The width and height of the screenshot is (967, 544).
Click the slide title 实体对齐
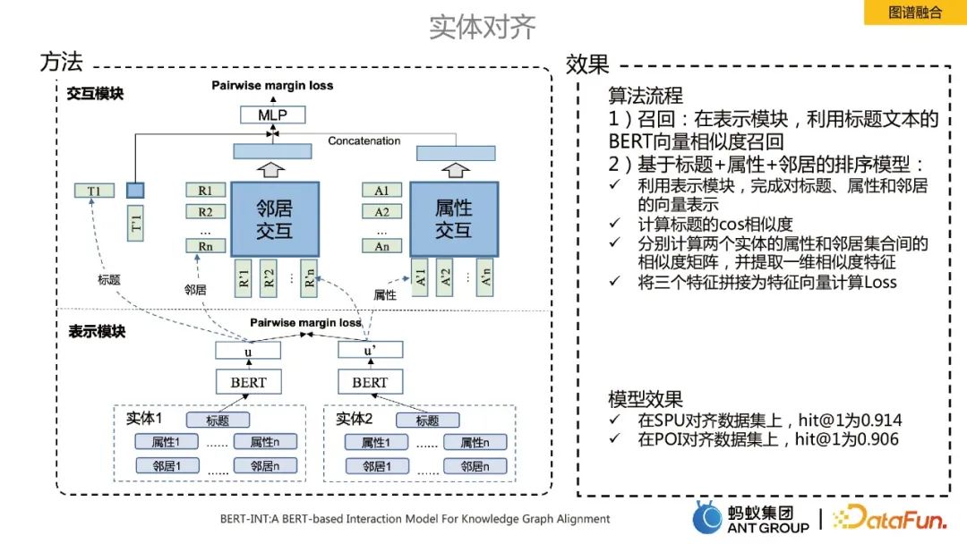point(483,26)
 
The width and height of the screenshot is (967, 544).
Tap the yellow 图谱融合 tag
point(914,13)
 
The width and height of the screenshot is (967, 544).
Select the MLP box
point(272,115)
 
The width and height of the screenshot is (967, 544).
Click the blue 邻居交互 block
point(275,219)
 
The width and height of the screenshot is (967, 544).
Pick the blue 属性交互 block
point(453,219)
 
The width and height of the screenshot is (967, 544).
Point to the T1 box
point(93,190)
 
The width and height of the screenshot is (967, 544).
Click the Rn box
point(206,246)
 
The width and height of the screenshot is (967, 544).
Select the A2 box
point(382,212)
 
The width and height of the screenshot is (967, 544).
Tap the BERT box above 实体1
point(248,382)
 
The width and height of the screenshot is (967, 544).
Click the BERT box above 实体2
point(370,382)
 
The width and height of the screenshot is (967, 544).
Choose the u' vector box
point(370,351)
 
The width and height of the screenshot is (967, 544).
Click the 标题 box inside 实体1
point(218,420)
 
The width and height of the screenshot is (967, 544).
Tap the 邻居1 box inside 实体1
point(166,465)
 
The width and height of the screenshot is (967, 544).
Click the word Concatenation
point(364,141)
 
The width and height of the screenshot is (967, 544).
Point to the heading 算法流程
point(646,95)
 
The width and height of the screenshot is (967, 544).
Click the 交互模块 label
point(95,93)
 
